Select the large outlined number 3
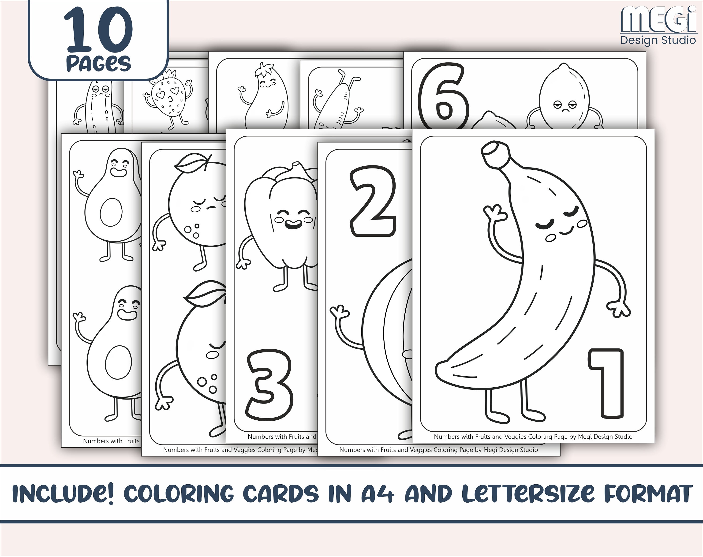pyautogui.click(x=269, y=385)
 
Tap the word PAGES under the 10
pyautogui.click(x=98, y=63)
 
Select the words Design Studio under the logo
pyautogui.click(x=658, y=40)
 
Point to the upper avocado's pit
pyautogui.click(x=111, y=212)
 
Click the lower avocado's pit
pyautogui.click(x=118, y=362)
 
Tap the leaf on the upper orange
pyautogui.click(x=191, y=163)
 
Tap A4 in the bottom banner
pyautogui.click(x=378, y=494)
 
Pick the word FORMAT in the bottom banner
pyautogui.click(x=648, y=494)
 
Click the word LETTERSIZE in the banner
pyautogui.click(x=528, y=494)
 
